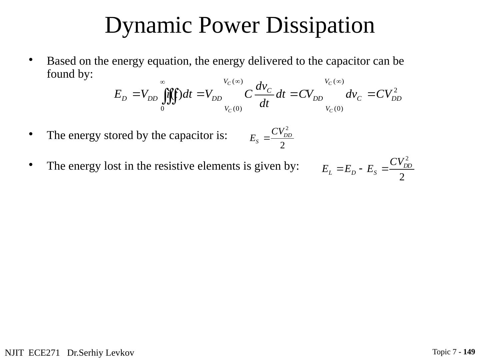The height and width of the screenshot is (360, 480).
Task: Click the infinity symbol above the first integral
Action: [x=163, y=82]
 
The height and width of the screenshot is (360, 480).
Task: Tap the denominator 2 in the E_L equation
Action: [x=402, y=177]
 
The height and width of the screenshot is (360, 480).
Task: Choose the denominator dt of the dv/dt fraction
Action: [x=264, y=104]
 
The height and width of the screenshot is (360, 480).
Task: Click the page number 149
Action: [x=469, y=352]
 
